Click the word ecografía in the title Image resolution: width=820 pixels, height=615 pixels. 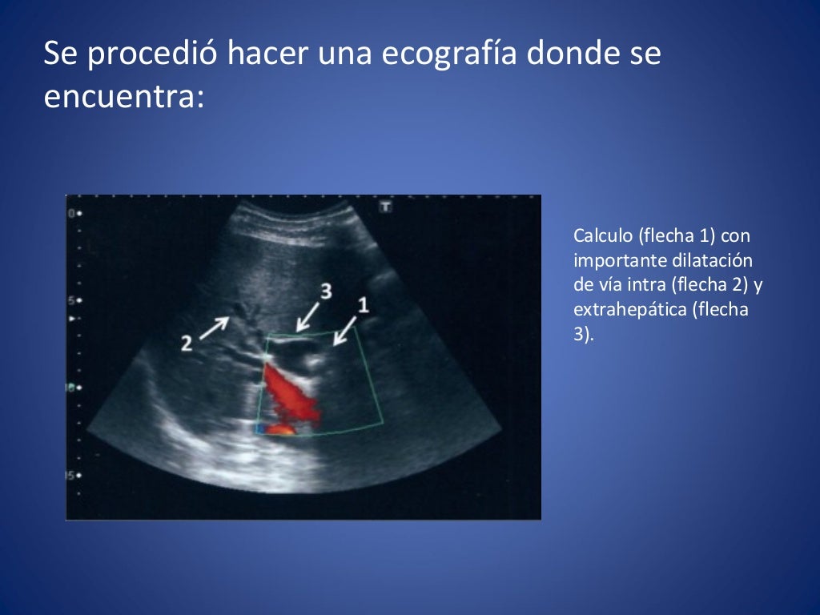tap(446, 54)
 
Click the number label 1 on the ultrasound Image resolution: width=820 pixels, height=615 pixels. tap(363, 305)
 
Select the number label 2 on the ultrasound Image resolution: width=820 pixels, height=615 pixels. tap(187, 344)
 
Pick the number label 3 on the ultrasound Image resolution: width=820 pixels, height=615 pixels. tap(325, 291)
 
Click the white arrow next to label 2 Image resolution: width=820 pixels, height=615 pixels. tap(214, 327)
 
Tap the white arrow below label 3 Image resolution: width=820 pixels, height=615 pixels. tap(309, 316)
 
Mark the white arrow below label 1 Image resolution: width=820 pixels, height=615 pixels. tap(345, 330)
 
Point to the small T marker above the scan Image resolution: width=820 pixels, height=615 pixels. tap(385, 207)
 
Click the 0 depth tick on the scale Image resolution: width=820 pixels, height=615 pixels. tap(71, 214)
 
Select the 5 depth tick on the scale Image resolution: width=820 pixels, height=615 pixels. tap(71, 300)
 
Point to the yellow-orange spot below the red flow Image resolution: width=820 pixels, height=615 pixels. tap(280, 429)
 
